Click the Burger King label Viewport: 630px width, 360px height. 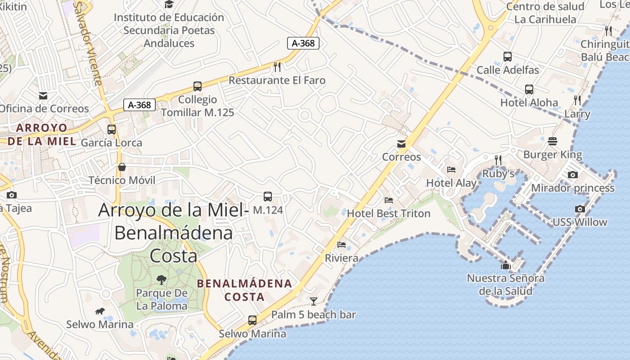point(553,155)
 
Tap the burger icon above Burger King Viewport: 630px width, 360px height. point(553,142)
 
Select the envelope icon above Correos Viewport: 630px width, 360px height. point(401,144)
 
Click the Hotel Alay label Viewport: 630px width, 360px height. point(451,183)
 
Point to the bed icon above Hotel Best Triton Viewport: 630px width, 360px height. point(389,200)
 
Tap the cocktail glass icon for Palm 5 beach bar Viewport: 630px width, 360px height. point(314,301)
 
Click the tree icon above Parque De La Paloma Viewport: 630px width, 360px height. point(161,280)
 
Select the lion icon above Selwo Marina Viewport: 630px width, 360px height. point(100,311)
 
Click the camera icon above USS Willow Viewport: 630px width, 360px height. point(580,209)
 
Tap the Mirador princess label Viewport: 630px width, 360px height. point(572,188)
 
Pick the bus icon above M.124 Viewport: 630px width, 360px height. point(268,197)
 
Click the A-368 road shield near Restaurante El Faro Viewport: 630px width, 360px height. point(303,43)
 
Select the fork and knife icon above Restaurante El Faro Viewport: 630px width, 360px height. point(277,67)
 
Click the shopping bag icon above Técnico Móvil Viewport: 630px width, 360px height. point(121,167)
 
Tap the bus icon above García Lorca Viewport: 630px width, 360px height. point(112,130)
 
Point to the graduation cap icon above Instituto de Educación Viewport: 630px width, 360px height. point(169,4)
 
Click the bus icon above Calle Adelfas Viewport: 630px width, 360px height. point(508,57)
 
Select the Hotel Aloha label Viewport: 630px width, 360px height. point(529,103)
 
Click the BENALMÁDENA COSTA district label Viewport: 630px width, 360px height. point(245,290)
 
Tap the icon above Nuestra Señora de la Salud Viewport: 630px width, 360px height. point(506,265)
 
